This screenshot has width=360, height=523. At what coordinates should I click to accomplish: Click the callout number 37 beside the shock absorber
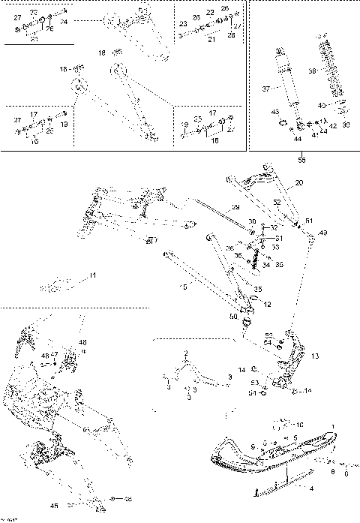pos(265,89)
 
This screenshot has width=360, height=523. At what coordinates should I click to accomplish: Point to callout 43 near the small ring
pos(274,112)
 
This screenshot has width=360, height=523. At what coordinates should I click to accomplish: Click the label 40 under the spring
pos(322,105)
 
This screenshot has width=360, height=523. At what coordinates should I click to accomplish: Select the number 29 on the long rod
pos(235,207)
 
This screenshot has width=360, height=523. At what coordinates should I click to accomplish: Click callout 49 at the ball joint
pos(323,233)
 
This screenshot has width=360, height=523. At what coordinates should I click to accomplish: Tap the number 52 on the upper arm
pos(277,202)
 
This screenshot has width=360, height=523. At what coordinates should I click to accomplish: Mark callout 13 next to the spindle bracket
pos(315,356)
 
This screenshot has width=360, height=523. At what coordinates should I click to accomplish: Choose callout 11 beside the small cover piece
pos(92,276)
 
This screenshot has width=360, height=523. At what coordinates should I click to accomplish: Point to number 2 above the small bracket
pos(187,353)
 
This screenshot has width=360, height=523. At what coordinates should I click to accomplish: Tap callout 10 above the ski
pos(300,425)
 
